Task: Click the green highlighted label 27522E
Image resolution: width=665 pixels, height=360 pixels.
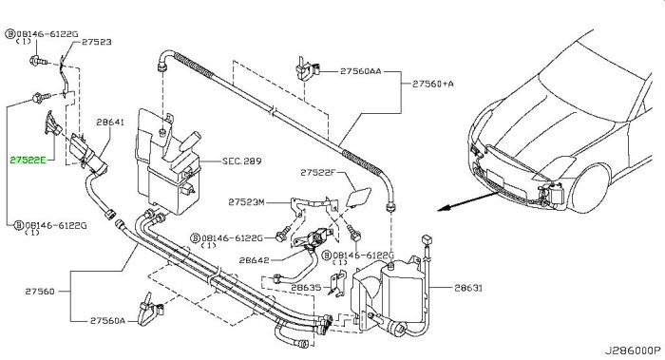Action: (28, 161)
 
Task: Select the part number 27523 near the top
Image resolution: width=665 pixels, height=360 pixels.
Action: (97, 42)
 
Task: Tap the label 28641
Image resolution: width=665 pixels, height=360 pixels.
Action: (110, 123)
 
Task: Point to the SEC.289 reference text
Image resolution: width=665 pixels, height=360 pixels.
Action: (242, 161)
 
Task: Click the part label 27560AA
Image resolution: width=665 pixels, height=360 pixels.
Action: (360, 71)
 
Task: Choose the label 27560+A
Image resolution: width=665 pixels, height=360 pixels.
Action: (433, 84)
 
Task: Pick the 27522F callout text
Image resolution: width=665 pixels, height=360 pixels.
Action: (317, 173)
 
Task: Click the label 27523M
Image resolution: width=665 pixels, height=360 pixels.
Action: (246, 201)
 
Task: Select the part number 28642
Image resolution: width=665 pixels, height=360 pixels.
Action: (254, 260)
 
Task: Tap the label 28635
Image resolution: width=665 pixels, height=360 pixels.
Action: (306, 288)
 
